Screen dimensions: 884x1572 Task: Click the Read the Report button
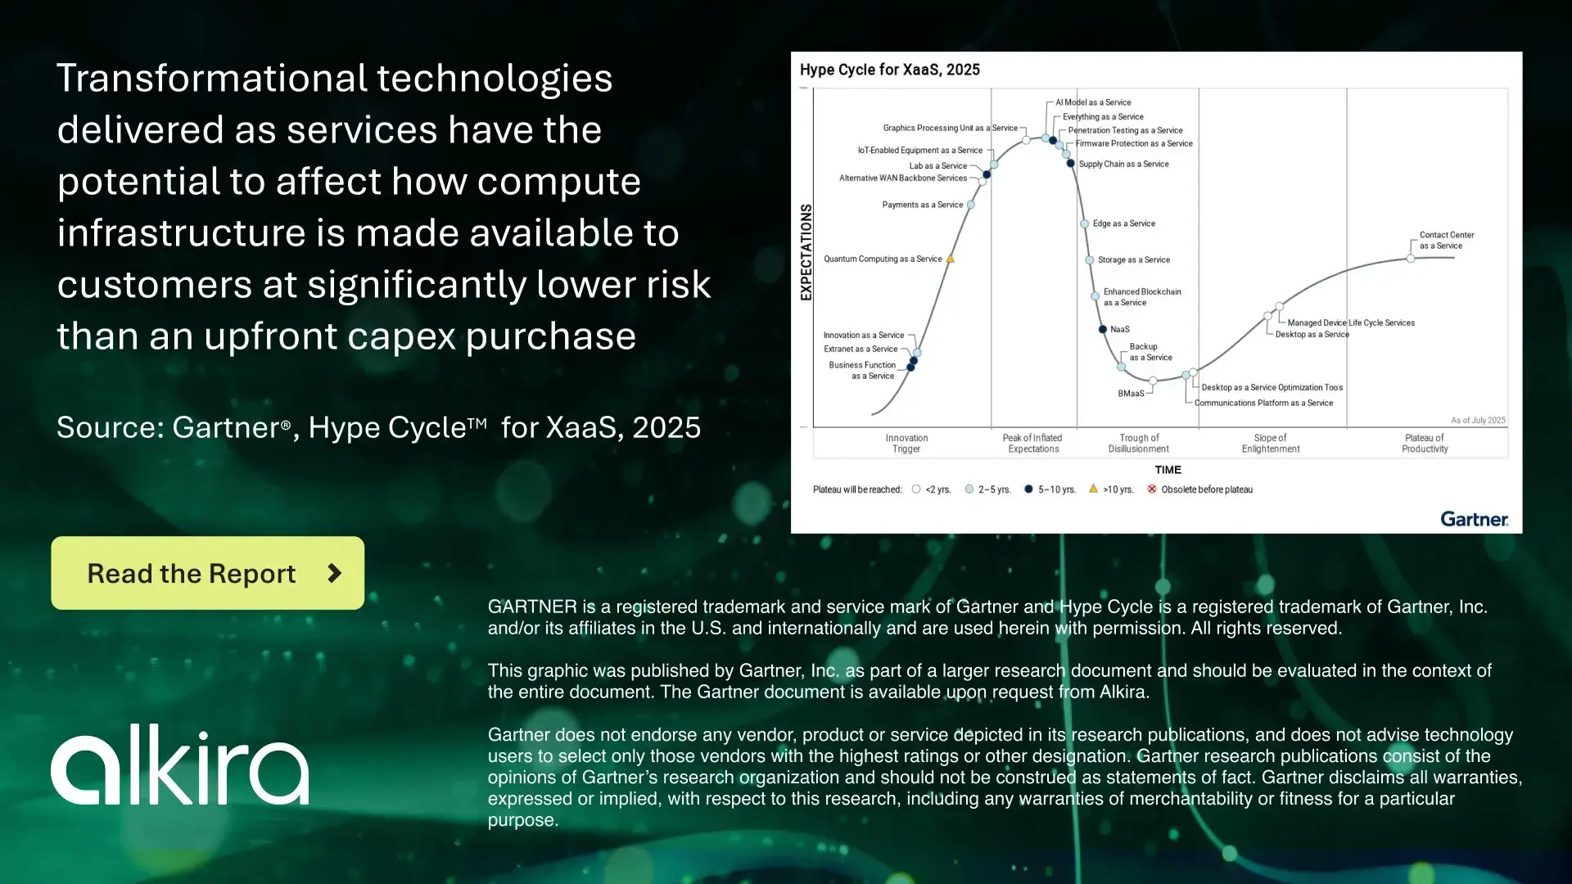pos(207,573)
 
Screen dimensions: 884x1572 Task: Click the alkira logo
pos(180,765)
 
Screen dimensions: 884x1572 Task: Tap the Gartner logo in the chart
pos(1474,519)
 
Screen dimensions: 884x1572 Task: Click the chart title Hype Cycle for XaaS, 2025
pos(889,70)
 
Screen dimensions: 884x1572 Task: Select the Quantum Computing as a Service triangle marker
pos(951,259)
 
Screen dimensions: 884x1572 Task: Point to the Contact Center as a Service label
pos(1446,240)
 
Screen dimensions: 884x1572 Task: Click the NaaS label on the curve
pos(1119,329)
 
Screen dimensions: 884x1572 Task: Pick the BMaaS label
pos(1131,394)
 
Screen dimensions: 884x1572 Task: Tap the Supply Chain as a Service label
pos(1123,164)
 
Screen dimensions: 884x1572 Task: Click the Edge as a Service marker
pos(1085,223)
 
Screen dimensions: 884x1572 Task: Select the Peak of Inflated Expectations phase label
pos(1032,443)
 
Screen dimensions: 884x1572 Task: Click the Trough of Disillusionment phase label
pos(1138,443)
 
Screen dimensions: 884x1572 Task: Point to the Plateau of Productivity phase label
pos(1425,443)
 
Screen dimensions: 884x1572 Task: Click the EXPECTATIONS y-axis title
pos(806,252)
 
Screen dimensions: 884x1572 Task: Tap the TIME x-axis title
pos(1168,470)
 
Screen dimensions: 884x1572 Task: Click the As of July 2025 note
pos(1478,420)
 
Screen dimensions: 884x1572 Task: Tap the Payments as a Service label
pos(922,205)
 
